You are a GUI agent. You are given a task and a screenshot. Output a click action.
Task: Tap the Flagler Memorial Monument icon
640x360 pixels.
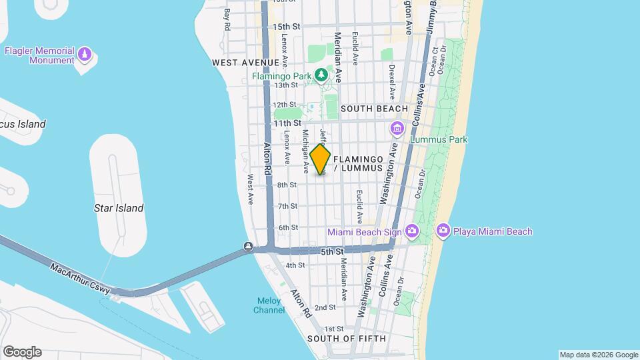pos(84,53)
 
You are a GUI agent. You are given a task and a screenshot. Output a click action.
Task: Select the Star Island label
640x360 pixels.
pos(119,208)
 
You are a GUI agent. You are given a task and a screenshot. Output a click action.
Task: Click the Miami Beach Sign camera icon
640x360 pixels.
pos(412,231)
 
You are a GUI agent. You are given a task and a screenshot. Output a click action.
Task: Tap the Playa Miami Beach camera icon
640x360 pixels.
pos(443,231)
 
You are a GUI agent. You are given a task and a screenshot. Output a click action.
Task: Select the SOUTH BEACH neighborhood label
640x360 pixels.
pos(374,109)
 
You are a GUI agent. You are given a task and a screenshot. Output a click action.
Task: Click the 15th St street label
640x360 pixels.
pos(287,27)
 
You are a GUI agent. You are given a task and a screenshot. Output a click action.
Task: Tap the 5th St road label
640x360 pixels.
pos(331,252)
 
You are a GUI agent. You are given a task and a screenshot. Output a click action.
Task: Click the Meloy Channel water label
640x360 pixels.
pos(269,305)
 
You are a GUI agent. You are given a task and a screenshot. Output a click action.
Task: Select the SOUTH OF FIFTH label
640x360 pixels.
pos(346,339)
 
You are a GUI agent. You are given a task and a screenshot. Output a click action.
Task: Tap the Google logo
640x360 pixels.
pos(22,352)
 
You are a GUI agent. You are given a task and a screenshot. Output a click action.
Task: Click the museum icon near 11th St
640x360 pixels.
pos(397,128)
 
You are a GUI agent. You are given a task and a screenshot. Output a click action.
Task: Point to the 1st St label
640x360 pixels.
pos(333,329)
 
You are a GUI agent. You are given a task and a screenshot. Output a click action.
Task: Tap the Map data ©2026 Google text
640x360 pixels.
pos(597,355)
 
